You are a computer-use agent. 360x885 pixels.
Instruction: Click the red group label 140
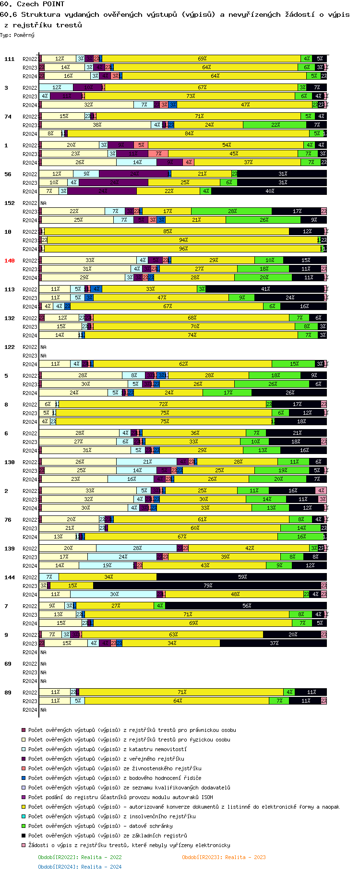10,261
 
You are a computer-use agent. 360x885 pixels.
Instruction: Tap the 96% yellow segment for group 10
183,249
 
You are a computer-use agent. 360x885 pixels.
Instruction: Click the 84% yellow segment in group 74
189,133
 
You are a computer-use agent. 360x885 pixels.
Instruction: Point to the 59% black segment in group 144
242,577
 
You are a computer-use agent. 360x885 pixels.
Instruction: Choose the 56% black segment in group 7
246,606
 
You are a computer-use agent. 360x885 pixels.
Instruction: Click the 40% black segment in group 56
269,191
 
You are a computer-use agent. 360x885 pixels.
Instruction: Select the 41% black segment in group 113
265,289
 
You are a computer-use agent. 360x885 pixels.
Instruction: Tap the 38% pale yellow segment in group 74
96,125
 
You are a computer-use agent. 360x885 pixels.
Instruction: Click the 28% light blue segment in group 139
137,548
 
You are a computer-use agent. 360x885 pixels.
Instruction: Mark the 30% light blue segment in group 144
114,594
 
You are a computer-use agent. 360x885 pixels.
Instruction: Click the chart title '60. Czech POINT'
33,4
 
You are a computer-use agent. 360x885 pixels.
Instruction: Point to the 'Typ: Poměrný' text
17,35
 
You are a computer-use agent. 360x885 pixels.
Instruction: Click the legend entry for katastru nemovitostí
108,749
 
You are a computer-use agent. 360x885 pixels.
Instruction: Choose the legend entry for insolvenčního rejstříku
112,816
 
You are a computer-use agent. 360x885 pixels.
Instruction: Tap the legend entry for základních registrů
108,836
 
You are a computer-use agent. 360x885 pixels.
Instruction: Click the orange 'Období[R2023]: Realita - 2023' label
224,857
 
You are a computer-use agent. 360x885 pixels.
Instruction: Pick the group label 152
10,203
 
